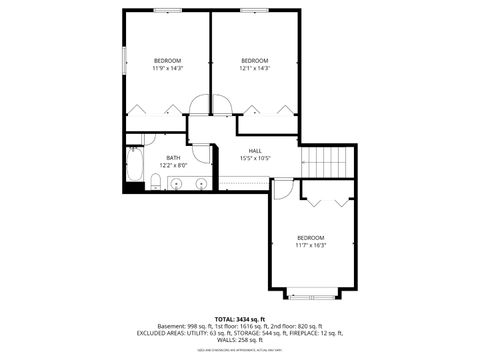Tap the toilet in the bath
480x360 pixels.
pos(157,181)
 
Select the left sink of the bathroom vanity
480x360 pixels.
pos(176,183)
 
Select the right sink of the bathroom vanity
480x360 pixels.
pos(200,183)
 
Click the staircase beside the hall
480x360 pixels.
pos(328,160)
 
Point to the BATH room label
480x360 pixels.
pos(173,157)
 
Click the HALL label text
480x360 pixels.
pos(255,151)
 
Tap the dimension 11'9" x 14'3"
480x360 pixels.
pos(166,67)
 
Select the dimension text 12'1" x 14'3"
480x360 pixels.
pos(255,67)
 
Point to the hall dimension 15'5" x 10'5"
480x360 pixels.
pos(255,158)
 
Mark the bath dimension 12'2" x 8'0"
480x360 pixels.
pos(173,164)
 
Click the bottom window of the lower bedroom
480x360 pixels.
pos(310,295)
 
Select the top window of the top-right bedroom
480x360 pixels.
pos(254,10)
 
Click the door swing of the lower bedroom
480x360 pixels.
pos(283,187)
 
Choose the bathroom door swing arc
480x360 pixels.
pos(202,153)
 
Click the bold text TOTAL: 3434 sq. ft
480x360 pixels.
pos(241,319)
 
